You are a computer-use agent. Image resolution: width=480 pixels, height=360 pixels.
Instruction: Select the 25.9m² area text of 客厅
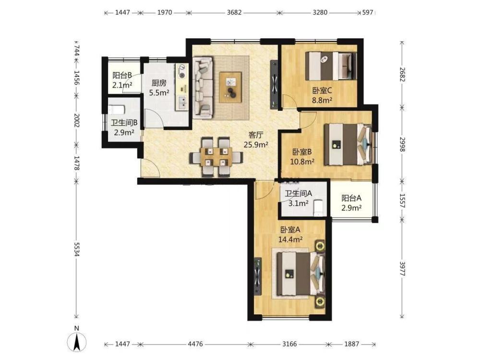point(256,144)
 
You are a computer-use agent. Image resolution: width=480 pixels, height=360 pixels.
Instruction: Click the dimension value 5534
point(76,250)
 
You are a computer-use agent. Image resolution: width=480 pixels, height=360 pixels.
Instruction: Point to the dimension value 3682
point(234,12)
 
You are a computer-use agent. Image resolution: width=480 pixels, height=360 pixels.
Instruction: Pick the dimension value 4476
point(195,344)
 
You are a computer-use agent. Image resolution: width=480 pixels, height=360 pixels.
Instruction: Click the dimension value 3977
point(403,268)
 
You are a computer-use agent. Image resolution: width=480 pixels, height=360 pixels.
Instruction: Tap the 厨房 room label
point(159,83)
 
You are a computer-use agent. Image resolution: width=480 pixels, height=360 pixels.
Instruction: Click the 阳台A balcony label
point(351,198)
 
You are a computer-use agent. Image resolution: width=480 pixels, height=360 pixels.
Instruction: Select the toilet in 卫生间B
point(117,109)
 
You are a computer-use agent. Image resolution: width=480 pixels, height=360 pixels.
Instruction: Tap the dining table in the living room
point(216,157)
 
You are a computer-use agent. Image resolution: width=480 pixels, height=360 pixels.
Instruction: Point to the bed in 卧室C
point(331,66)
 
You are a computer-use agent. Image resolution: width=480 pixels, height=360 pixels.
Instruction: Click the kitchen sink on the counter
point(182,102)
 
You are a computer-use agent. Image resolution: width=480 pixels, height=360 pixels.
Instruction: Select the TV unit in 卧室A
point(258,276)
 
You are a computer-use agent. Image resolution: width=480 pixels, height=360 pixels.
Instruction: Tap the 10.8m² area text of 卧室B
point(302,161)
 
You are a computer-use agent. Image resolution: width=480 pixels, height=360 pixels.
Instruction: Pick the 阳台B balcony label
point(122,75)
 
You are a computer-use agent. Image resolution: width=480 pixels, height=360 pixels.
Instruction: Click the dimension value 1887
point(351,344)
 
